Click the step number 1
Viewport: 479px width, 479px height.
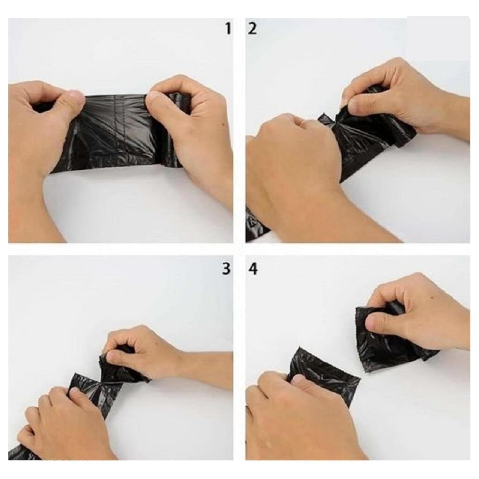point(228,29)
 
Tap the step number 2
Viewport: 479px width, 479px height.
point(252,29)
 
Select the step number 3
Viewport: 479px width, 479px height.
point(226,269)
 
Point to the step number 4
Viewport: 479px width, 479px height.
point(253,269)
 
